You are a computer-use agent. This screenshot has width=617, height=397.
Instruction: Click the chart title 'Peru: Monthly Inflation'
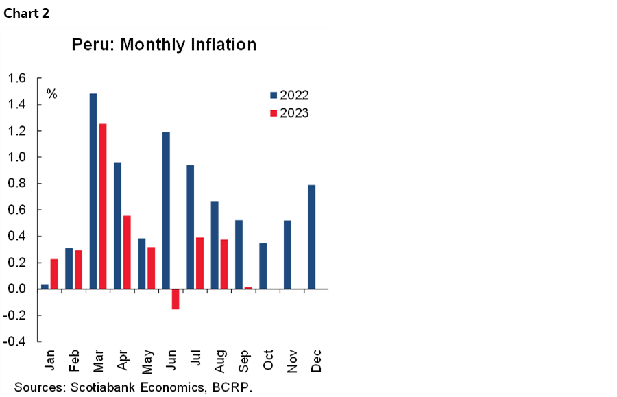(x=164, y=45)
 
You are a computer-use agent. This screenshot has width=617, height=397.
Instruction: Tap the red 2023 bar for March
(x=103, y=206)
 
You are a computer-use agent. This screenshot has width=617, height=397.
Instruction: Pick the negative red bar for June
(x=176, y=299)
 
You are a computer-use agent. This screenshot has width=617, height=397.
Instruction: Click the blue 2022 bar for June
(x=166, y=210)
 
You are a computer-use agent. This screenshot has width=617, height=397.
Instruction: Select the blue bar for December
(x=312, y=237)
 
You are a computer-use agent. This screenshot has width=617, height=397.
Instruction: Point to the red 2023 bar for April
(x=127, y=252)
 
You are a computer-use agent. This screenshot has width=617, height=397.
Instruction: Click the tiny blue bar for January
(x=45, y=286)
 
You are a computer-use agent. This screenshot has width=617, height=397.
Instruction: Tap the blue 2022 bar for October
(x=263, y=265)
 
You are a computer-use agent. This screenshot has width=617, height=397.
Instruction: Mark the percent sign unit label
(x=51, y=94)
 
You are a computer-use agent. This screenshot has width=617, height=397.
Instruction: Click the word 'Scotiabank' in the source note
(x=102, y=387)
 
